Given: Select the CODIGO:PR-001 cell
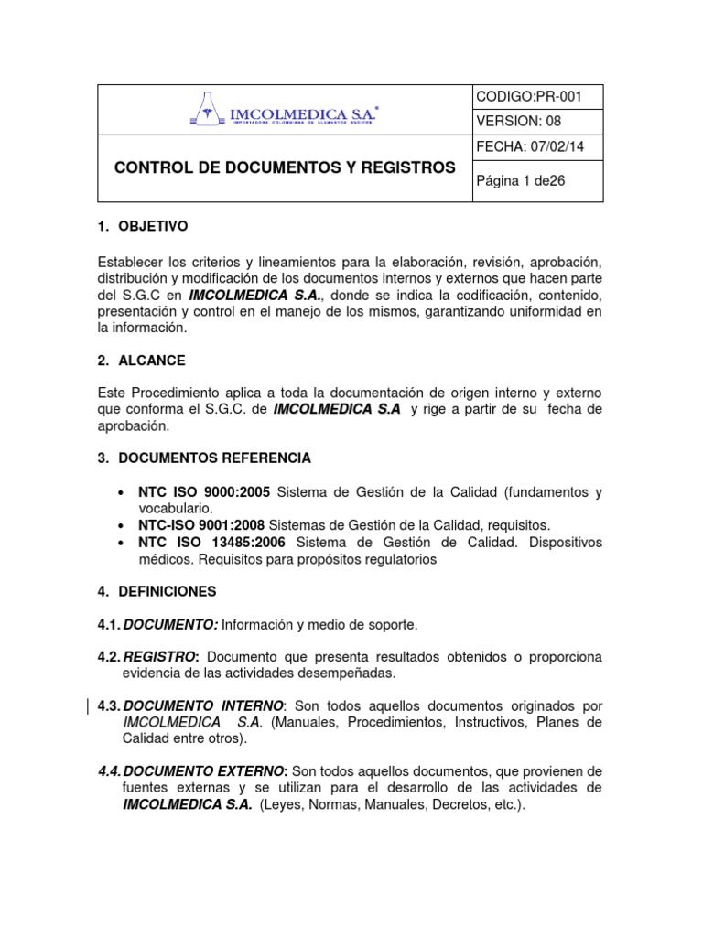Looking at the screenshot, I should pos(526,96).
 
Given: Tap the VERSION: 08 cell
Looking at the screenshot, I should pos(517,122).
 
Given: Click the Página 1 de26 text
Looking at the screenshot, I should pos(521,180).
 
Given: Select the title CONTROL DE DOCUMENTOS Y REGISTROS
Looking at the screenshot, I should pos(284,167).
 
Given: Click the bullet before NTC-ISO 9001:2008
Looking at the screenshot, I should pos(122,526).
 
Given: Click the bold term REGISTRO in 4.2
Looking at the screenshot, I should pos(160,657).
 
